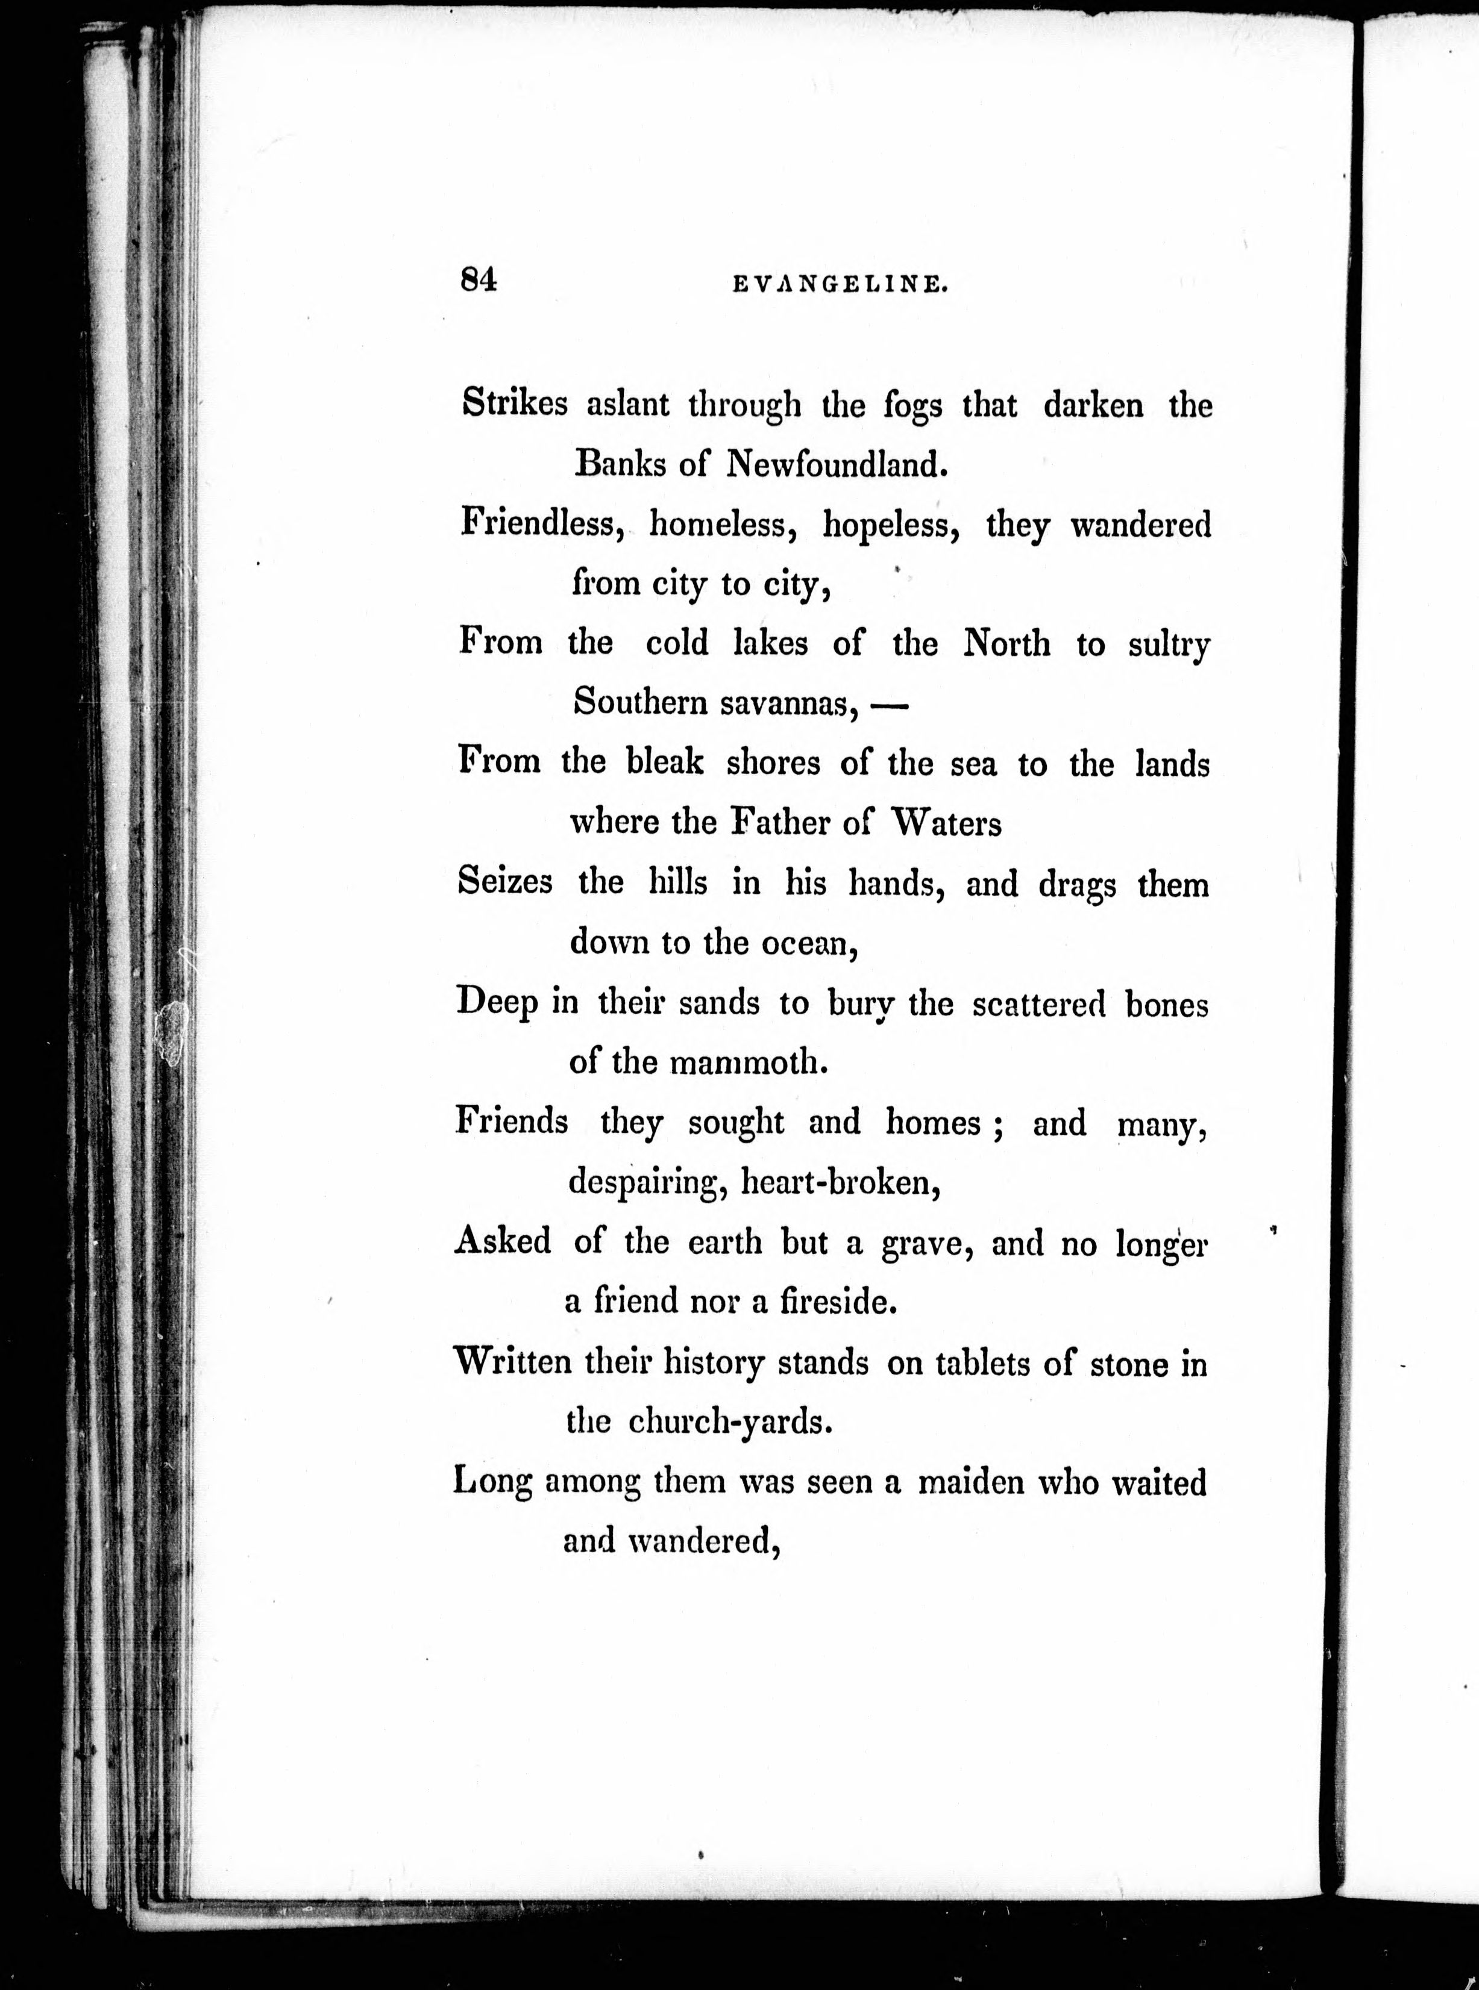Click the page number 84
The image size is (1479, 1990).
click(478, 280)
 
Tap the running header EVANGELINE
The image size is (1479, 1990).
click(840, 284)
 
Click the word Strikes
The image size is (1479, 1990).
click(514, 404)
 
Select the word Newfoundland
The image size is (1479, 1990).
click(835, 464)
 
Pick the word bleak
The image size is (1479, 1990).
click(664, 763)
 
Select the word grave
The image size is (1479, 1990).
click(926, 1244)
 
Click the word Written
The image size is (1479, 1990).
click(513, 1363)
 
